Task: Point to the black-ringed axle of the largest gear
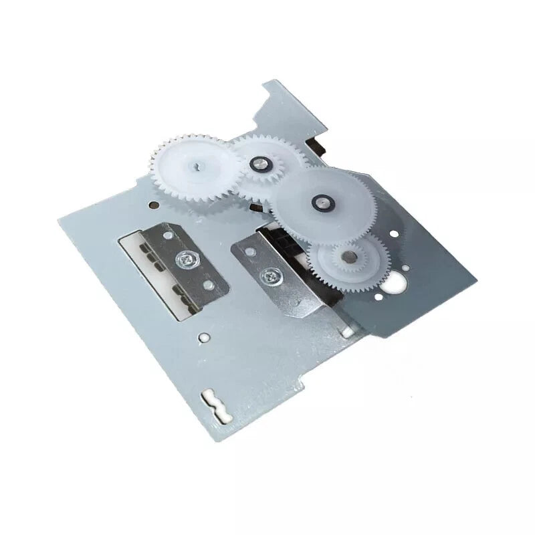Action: pos(322,200)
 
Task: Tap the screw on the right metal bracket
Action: pos(272,274)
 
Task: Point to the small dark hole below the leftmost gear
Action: pos(155,204)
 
